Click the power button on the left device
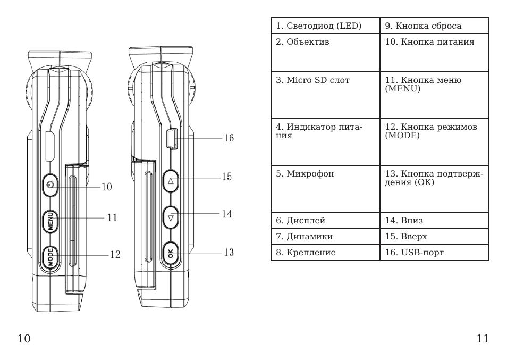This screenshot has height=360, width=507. point(50,185)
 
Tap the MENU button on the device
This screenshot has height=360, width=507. point(50,222)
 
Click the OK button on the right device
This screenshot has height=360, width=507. point(171,254)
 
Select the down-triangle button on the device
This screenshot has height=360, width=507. point(171,217)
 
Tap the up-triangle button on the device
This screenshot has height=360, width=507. point(171,181)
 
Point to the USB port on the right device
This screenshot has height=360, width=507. point(172,139)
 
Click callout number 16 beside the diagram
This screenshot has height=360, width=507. point(229,138)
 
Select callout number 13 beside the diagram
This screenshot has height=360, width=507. point(229,252)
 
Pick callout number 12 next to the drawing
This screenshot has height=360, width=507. point(115,255)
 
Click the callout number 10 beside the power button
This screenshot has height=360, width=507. point(106,187)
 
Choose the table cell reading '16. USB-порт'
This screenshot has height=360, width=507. point(434,253)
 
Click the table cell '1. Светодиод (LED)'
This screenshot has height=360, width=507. point(325,26)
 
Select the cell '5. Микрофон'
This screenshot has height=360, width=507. point(325,189)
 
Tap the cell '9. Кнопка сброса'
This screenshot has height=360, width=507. point(434,26)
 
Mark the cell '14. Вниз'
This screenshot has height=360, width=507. point(434,220)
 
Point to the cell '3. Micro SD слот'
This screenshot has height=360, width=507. point(325,95)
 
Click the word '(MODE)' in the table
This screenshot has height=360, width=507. point(402,135)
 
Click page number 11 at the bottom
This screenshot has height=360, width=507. point(483,339)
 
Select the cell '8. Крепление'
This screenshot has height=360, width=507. point(325,253)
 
